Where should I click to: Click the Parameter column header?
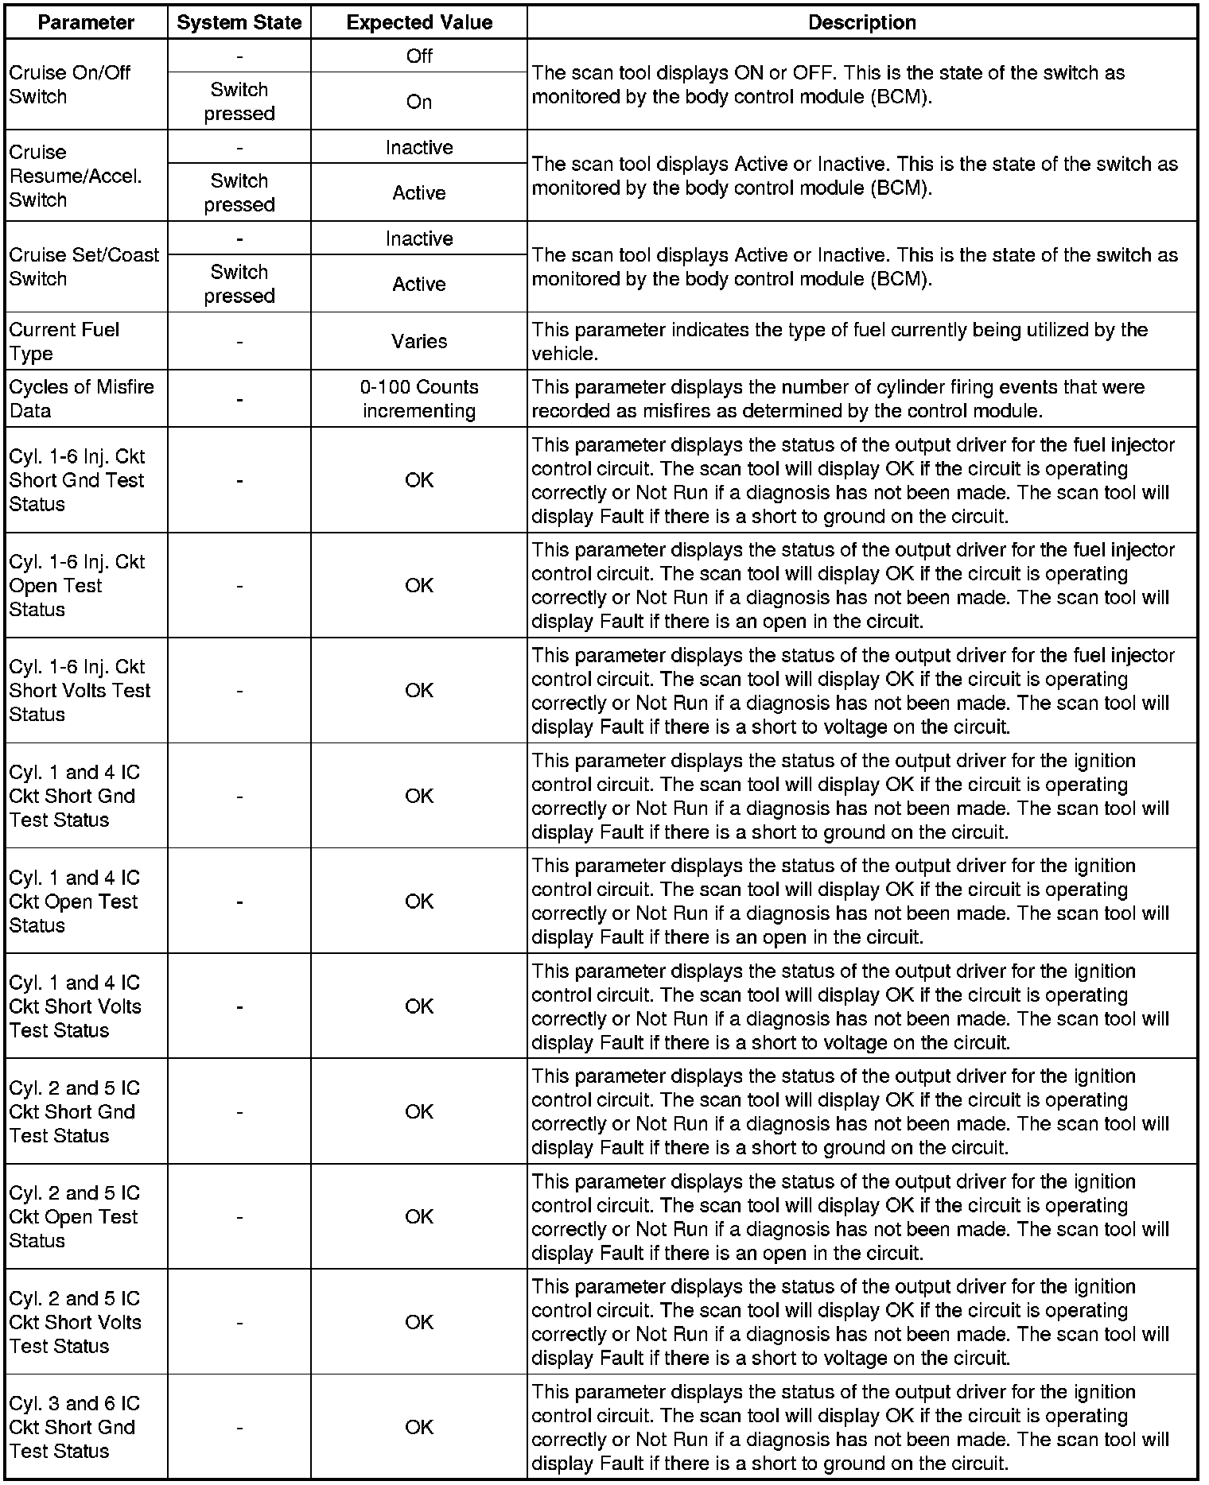pos(86,23)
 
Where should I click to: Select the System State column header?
pos(239,23)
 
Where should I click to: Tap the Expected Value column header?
pos(419,23)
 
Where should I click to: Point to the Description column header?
pos(861,23)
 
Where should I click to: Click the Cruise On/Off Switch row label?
pos(70,84)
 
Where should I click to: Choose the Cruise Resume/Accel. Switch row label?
pos(76,176)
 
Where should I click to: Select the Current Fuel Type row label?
pos(64,341)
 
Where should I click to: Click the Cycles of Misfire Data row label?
pos(82,398)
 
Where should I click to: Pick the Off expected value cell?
pos(419,56)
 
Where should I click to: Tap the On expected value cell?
pos(419,102)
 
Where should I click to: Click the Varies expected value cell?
pos(419,341)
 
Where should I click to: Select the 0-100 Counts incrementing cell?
pos(419,398)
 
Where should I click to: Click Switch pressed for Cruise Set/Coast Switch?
pos(239,284)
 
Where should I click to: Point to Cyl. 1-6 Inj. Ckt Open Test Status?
pos(77,585)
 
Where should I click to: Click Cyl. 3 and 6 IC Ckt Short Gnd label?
pos(74,1427)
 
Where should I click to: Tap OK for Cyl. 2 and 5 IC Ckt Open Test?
pos(419,1216)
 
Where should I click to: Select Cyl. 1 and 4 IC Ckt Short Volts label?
pos(75,1006)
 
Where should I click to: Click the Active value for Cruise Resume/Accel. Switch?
pos(419,192)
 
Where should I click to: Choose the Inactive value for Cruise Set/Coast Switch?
pos(419,238)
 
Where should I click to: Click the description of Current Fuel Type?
pos(839,341)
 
